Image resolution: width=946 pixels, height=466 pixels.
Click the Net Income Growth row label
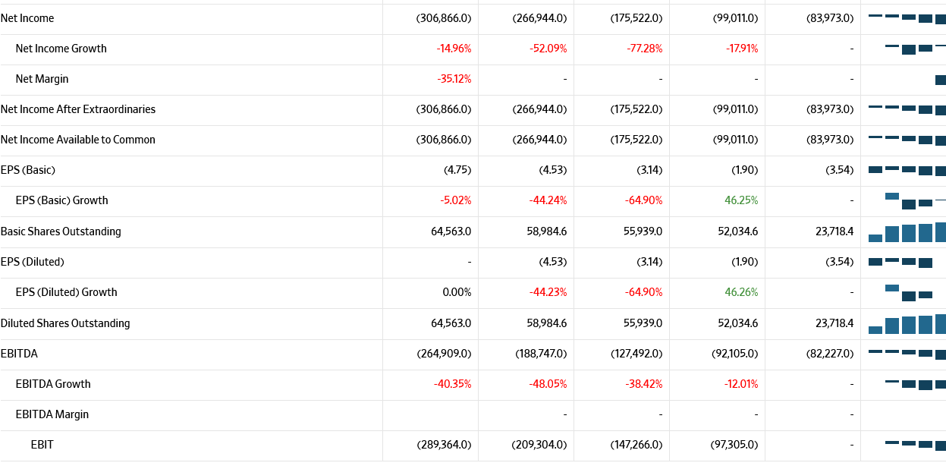[x=61, y=49]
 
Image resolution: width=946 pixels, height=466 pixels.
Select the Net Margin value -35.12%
[x=454, y=79]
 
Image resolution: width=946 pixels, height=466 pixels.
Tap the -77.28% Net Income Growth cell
[x=645, y=49]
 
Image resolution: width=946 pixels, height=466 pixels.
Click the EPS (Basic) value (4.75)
[x=457, y=170]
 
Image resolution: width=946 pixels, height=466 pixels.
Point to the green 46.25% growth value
[x=740, y=200]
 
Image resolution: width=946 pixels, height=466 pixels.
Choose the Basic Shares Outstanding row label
[x=61, y=231]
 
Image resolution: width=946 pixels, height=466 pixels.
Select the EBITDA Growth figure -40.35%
[x=452, y=384]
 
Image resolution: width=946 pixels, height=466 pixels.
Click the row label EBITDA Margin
[x=52, y=414]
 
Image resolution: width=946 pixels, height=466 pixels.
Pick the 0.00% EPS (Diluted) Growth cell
[x=457, y=292]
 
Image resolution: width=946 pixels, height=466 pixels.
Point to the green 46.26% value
[x=740, y=292]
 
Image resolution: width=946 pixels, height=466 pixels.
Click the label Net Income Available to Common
[x=78, y=140]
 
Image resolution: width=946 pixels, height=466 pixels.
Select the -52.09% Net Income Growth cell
[x=548, y=49]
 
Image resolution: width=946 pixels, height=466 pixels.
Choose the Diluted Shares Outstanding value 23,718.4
[x=834, y=323]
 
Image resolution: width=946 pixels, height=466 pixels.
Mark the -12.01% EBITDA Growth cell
[x=740, y=384]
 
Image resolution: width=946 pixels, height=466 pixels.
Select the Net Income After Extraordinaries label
[x=78, y=109]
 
